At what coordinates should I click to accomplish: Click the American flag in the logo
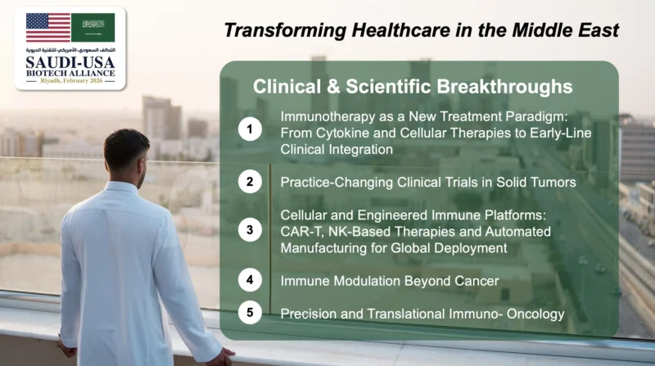[47, 28]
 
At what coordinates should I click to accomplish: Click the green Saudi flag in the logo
[93, 28]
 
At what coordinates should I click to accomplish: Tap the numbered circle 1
[249, 129]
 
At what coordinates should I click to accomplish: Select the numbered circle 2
[249, 182]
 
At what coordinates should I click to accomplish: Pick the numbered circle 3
[249, 231]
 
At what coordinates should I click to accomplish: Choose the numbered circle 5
[249, 313]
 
